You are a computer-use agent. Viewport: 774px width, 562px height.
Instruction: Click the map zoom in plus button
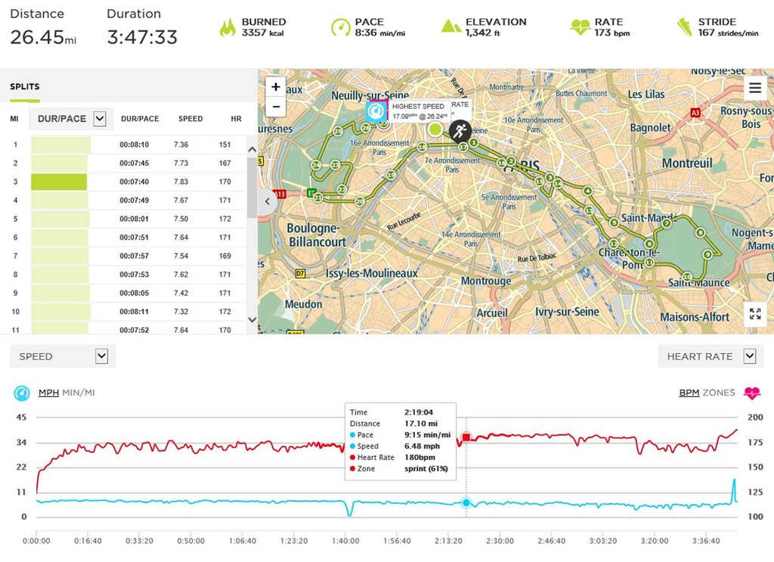click(276, 87)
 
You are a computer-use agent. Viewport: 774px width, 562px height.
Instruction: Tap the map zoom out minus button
click(276, 107)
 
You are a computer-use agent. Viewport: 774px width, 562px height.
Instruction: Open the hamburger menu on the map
click(754, 88)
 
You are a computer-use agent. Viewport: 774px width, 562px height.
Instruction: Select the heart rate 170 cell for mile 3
click(224, 182)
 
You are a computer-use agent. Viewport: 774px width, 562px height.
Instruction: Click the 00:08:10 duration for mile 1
click(134, 144)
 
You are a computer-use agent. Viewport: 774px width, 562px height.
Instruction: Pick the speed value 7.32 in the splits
click(181, 312)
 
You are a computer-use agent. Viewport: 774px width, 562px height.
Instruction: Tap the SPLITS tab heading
click(25, 87)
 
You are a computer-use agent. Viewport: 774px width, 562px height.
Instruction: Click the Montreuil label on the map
click(687, 163)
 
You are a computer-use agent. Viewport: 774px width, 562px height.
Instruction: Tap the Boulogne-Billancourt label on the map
click(317, 235)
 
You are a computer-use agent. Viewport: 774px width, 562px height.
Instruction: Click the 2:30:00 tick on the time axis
click(500, 541)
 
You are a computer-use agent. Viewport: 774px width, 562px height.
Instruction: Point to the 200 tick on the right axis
click(754, 418)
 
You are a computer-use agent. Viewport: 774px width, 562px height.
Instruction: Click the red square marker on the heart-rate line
click(466, 437)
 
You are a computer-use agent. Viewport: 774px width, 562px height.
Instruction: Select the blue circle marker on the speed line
click(466, 503)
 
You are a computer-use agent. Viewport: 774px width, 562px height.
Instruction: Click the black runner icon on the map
click(460, 130)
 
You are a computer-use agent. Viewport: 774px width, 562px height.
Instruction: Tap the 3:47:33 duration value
click(142, 37)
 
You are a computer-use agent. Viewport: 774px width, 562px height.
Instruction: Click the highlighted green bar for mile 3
click(59, 182)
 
